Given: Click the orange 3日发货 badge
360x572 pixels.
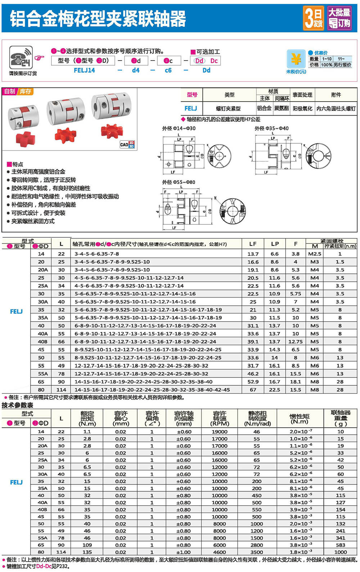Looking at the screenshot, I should coord(313,18).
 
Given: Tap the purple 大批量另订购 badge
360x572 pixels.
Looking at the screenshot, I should coord(339,18).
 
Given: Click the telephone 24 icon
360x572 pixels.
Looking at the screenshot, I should coord(21,58).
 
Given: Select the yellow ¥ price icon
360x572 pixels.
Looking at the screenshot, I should coord(296,58).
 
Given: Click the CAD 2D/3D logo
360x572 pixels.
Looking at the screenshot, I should coord(127,144).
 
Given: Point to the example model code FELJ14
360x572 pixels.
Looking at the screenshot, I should coord(84,70).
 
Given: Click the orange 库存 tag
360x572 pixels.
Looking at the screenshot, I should coord(25,91).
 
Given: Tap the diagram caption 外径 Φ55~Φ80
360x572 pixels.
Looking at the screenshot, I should coord(179,182).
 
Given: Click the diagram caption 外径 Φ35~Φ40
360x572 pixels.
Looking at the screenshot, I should coord(271,128).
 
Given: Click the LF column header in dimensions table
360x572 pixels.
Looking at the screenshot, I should coord(253,244).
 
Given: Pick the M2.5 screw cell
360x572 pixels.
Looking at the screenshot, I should coord(315,254).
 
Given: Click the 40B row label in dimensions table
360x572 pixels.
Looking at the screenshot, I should coord(42,341).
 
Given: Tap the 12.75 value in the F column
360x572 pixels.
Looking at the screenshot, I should coord(295,341).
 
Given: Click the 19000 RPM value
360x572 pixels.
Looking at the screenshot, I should coord(219,432).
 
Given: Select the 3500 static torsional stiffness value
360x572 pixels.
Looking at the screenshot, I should coord(257,552).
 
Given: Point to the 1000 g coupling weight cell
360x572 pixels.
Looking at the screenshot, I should coord(340,552).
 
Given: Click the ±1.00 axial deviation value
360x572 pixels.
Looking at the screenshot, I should coord(184,552).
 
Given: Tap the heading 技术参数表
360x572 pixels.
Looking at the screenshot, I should coord(17,405).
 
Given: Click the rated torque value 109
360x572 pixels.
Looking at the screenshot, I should coord(87,545).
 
